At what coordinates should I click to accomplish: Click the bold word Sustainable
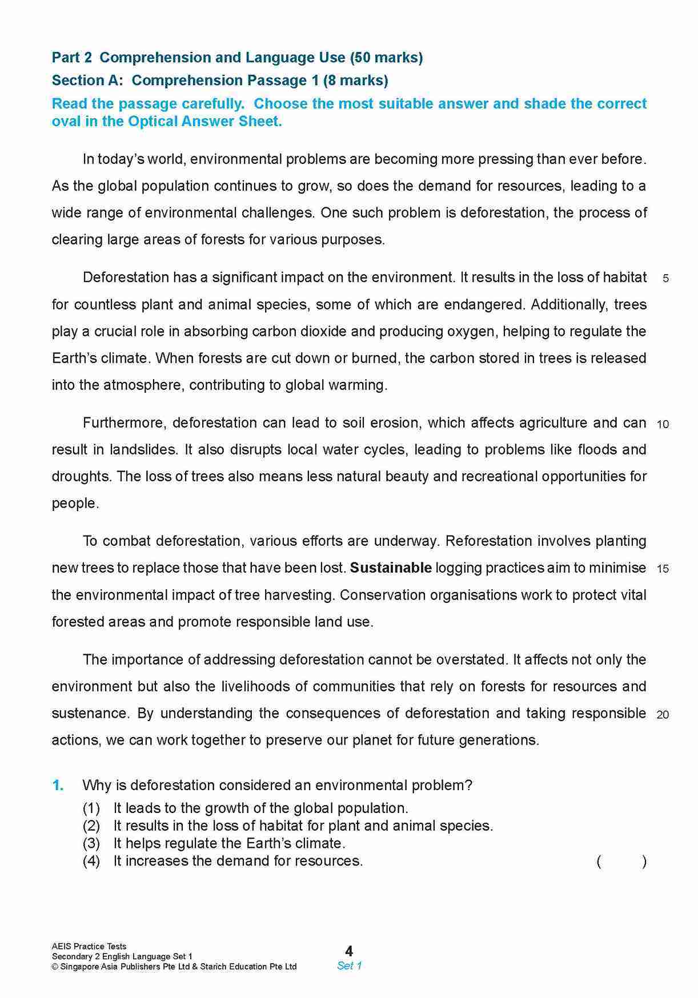tap(391, 568)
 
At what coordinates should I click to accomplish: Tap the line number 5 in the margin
tap(665, 279)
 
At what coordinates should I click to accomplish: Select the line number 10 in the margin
tap(663, 424)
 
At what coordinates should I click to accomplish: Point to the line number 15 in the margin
tap(663, 569)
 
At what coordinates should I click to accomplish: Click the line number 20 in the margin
tap(663, 714)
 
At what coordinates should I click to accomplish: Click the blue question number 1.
tap(58, 786)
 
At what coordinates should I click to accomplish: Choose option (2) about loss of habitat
tap(303, 826)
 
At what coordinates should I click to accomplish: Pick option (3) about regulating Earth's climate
tap(229, 843)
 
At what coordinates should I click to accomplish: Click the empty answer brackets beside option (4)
tap(621, 861)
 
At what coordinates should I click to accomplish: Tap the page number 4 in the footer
tap(349, 951)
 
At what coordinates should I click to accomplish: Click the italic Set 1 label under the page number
tap(349, 965)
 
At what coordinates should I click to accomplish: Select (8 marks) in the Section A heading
tap(355, 81)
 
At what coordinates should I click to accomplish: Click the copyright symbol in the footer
tap(55, 967)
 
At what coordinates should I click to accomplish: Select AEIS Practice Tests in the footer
tap(89, 946)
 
